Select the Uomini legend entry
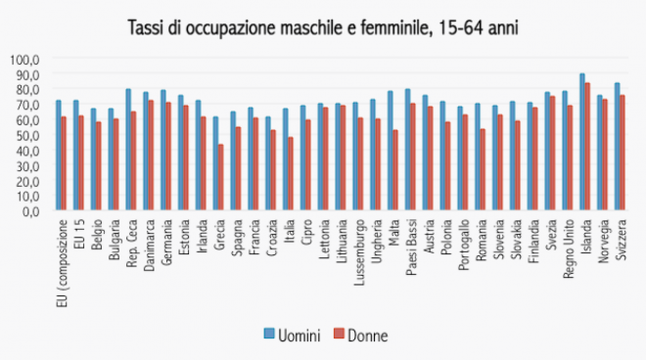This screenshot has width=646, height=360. coord(292,336)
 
